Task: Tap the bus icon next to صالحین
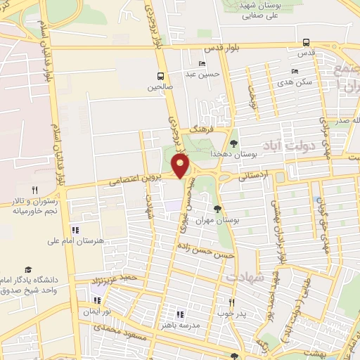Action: (161, 75)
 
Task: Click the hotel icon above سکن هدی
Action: (295, 71)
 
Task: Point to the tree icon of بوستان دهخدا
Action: (234, 143)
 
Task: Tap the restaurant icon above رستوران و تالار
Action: (34, 190)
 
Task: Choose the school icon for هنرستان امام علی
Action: (75, 230)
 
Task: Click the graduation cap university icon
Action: (27, 269)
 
